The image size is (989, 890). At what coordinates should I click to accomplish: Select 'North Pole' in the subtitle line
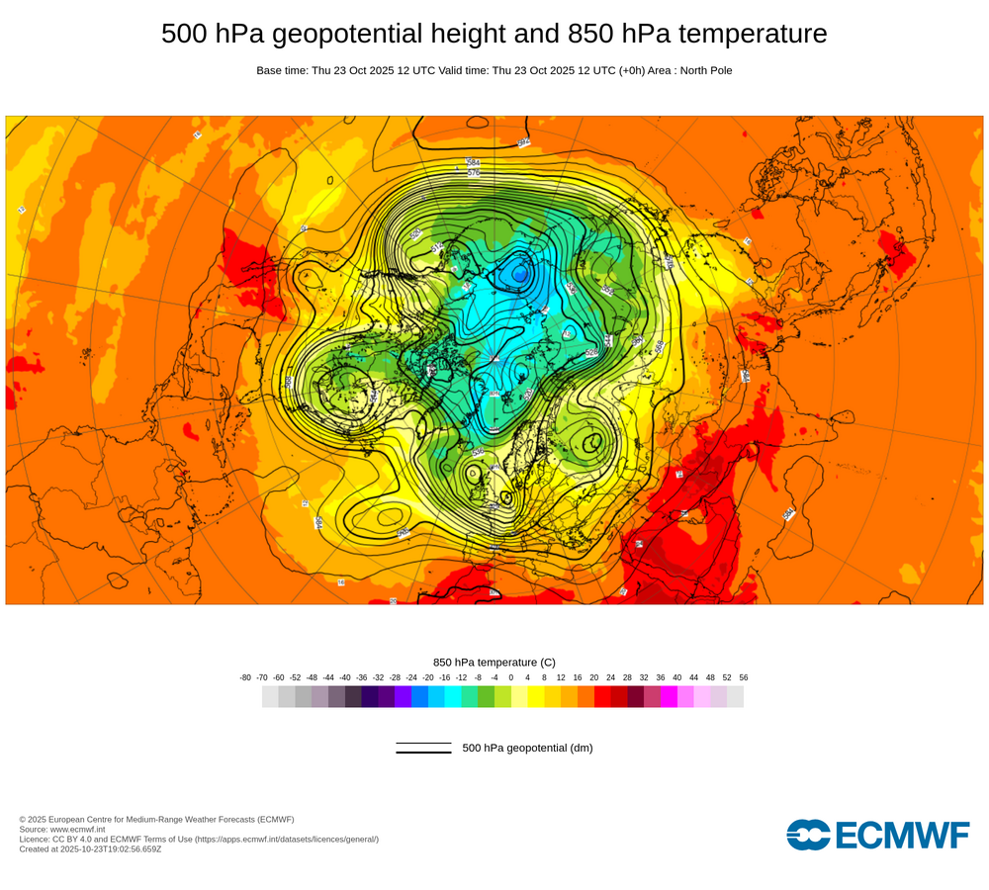tap(700, 70)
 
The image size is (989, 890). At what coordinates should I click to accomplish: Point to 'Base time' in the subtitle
tap(281, 70)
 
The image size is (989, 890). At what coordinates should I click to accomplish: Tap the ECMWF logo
tap(878, 835)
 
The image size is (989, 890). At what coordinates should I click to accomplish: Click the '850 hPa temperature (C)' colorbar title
tap(494, 662)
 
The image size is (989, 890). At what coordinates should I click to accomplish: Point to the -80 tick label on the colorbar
tap(245, 677)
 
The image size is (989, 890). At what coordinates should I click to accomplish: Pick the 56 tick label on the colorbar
tap(743, 677)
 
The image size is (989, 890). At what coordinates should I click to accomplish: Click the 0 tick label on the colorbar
tap(511, 677)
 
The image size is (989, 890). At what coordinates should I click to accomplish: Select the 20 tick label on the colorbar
tap(593, 677)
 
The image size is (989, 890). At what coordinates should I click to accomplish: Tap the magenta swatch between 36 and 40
tap(669, 696)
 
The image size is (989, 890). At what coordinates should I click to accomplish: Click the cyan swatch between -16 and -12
tap(453, 696)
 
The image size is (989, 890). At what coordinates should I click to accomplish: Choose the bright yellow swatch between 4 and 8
tap(536, 696)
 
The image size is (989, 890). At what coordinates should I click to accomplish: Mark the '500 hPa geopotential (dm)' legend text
tap(527, 748)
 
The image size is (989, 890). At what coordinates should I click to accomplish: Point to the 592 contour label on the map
tap(524, 142)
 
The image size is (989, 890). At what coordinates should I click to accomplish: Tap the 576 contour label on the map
tap(474, 173)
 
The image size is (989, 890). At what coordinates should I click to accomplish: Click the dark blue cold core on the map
tap(519, 274)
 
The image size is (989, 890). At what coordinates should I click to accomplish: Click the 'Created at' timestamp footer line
tap(90, 848)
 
